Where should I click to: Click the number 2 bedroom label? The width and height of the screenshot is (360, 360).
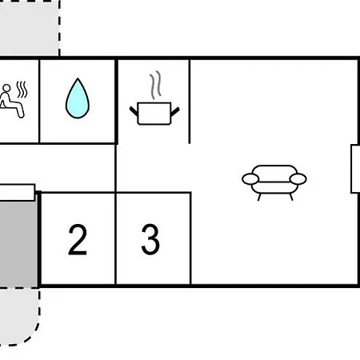coord(78,239)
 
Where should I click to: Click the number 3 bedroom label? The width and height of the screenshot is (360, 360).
coord(150,239)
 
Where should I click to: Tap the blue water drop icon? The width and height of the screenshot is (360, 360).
coord(78,98)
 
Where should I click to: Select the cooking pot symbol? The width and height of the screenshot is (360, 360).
coord(154,113)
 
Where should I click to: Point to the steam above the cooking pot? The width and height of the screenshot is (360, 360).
coord(156,85)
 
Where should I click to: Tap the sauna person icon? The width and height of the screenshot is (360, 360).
coord(12,101)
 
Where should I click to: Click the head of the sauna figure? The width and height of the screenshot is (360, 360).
coord(6,88)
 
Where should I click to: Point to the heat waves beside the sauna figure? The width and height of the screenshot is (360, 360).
coord(22,90)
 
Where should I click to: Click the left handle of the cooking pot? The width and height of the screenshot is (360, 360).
coord(134,111)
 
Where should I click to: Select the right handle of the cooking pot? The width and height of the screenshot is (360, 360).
coord(175,111)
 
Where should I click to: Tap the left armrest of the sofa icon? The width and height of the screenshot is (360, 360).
coord(250,179)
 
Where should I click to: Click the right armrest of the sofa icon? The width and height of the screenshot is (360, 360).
coord(298,179)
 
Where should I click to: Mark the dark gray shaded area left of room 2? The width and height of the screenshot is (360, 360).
coord(18,244)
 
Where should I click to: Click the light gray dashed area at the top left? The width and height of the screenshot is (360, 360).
coord(29,28)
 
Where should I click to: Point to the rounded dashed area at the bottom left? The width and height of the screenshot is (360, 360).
coord(19,316)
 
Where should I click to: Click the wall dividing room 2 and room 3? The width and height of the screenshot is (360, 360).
coord(115,238)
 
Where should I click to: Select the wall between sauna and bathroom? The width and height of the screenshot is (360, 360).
coord(39,102)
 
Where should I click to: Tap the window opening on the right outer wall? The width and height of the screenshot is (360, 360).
coord(355,169)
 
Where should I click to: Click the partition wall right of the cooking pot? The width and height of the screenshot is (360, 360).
coord(190,102)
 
